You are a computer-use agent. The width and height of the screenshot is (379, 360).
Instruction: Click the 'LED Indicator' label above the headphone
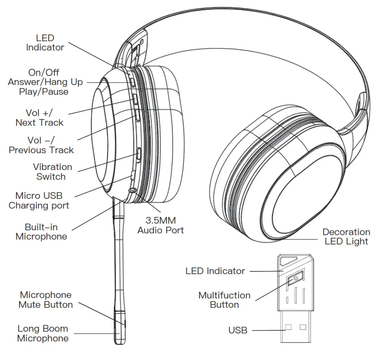coord(45,43)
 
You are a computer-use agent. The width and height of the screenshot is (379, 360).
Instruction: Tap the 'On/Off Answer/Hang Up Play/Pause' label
coord(45,82)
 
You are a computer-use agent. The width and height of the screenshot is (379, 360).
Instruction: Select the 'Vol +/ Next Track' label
coord(39,118)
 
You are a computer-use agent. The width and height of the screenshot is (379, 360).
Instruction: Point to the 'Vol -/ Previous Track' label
coord(41,145)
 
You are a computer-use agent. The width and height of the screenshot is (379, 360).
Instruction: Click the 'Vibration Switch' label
coord(52,172)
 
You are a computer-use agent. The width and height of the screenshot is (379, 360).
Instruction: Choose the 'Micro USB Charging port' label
coord(39,201)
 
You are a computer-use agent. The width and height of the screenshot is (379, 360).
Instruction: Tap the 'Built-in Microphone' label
coord(41,232)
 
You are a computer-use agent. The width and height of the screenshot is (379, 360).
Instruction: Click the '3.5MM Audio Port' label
coord(160,225)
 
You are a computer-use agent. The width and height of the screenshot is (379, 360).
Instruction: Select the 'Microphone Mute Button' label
coord(46,300)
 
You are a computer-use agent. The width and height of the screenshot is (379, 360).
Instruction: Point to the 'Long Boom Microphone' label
coord(43,333)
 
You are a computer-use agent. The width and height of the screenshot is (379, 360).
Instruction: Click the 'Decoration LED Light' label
coord(346,236)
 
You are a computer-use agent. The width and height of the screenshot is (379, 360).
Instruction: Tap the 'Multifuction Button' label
coord(224,300)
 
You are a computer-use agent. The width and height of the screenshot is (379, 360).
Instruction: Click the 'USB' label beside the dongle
coord(237,330)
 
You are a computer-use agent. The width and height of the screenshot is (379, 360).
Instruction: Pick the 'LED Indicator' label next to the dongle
coord(215,271)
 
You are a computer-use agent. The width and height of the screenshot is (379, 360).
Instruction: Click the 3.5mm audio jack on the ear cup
coord(132,190)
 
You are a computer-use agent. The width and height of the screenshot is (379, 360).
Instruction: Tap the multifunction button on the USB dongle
coord(295,279)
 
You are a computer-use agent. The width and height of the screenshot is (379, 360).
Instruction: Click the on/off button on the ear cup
coord(132,81)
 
